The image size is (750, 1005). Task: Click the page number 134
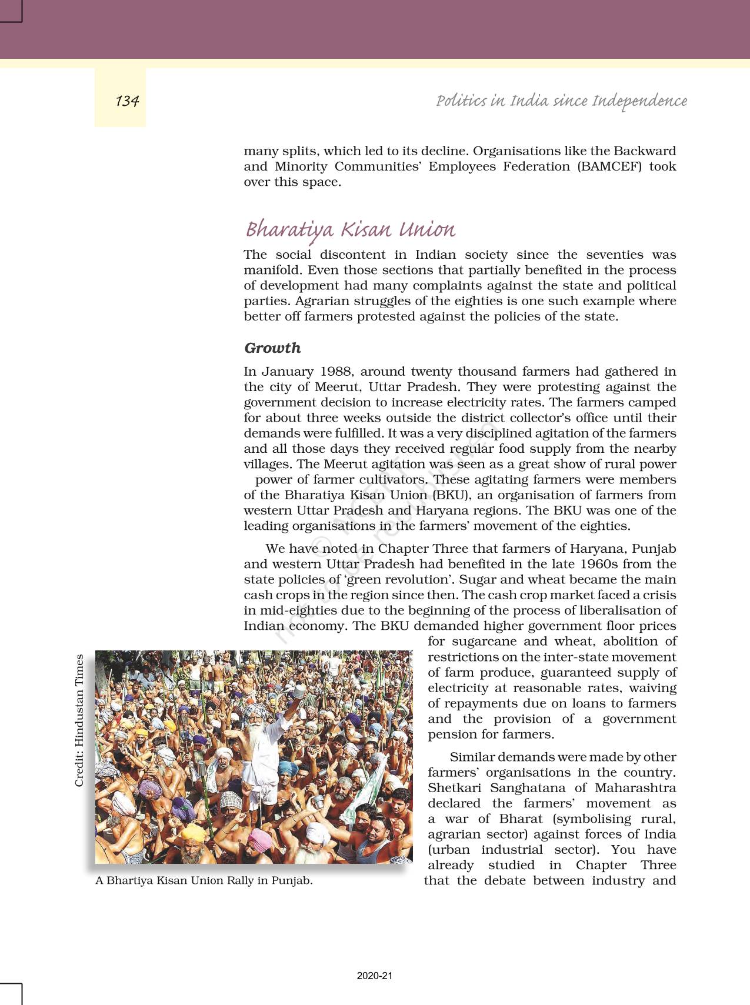(x=127, y=101)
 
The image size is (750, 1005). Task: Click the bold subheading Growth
(x=272, y=348)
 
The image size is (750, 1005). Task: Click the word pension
(x=449, y=734)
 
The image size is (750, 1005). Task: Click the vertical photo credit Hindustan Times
(x=79, y=720)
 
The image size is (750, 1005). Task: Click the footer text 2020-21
(x=374, y=976)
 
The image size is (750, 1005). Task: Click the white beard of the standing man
(x=256, y=735)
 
